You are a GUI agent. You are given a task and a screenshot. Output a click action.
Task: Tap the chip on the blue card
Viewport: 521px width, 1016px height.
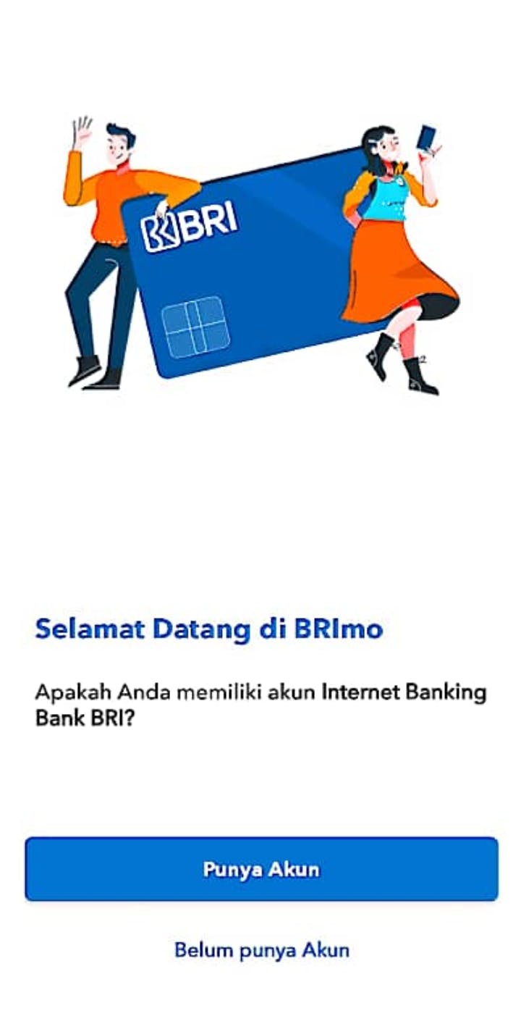coord(195,327)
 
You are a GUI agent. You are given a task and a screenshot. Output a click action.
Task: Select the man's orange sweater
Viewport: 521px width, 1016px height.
coord(114,200)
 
